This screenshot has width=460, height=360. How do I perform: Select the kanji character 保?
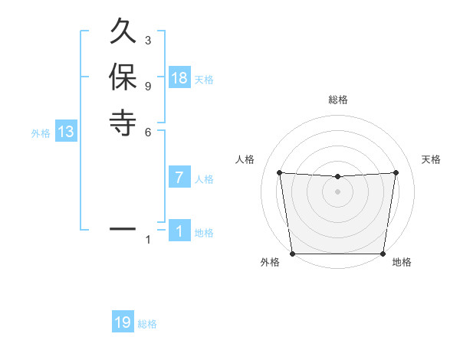123,78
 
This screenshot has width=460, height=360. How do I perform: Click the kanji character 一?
123,228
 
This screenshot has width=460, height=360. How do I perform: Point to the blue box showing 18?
179,77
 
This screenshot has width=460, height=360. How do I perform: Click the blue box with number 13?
66,132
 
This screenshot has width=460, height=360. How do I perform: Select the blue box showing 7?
179,178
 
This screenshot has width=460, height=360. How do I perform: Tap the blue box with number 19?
123,322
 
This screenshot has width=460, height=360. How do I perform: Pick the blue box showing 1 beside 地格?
179,231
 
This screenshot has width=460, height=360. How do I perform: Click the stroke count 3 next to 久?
148,40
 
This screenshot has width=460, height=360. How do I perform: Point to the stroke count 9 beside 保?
148,86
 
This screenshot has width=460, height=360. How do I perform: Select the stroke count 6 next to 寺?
148,132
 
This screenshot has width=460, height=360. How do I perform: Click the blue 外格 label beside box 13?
41,133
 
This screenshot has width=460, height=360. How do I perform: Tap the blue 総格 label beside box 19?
147,324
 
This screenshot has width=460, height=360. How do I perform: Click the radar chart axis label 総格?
337,100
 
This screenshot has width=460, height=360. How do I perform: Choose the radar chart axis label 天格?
431,159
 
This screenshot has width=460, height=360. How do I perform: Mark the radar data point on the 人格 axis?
279,172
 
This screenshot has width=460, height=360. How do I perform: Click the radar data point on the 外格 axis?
292,254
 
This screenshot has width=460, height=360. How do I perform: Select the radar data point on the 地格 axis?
383,254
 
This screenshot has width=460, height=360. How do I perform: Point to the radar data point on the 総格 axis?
337,177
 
